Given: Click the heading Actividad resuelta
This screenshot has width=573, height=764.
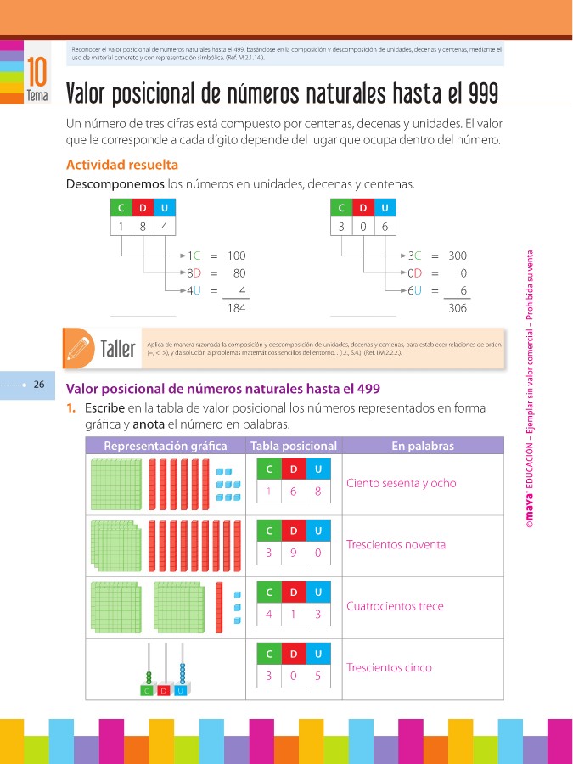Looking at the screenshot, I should coord(121,165).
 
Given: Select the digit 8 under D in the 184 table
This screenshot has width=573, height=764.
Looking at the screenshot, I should coord(143,227).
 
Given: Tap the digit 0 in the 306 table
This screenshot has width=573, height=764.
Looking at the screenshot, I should coord(363,227).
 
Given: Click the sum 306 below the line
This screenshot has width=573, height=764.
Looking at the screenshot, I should coord(457,308).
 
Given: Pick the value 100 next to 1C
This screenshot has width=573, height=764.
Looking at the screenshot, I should coord(236,256).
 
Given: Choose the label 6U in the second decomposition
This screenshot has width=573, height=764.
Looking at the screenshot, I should coord(415,290).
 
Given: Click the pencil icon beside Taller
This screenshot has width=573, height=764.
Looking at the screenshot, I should coord(78,348).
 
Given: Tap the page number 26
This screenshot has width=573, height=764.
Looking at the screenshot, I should coord(39,385).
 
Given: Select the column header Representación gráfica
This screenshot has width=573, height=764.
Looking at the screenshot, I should coord(166,446).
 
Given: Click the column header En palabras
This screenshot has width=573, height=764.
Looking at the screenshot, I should coord(422,446).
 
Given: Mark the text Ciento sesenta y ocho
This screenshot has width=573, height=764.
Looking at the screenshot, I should coord(401,483).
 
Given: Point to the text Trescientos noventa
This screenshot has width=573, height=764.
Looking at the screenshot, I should coord(396,544).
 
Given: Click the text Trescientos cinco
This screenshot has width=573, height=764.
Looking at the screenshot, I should coord(389,667).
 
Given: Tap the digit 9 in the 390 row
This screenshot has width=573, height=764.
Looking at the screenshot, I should coord(293,553).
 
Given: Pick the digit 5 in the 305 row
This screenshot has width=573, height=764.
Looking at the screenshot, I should coord(317,676).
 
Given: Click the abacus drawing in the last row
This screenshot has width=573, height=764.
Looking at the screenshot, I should coord(166,671).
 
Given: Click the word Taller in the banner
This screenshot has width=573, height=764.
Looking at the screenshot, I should coord(118,348).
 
